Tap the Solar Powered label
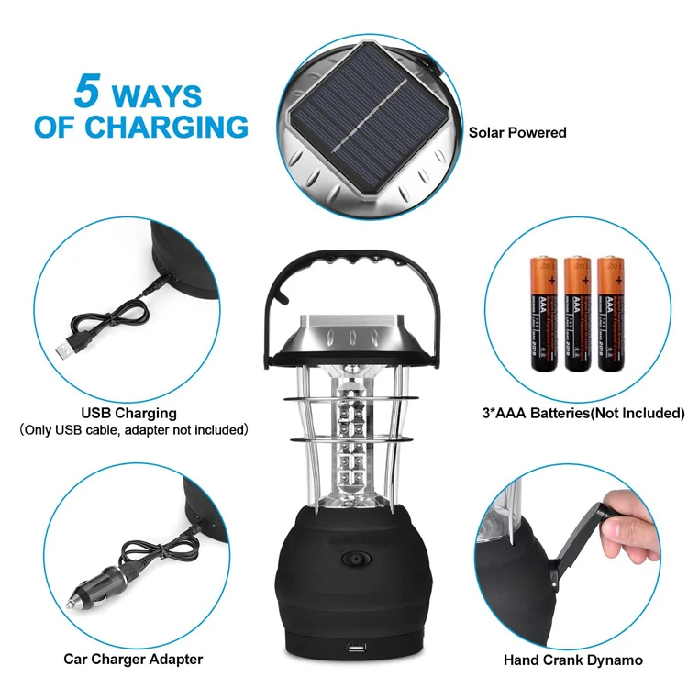click(517, 132)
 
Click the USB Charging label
click(128, 413)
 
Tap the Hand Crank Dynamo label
click(573, 660)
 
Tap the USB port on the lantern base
click(353, 651)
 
